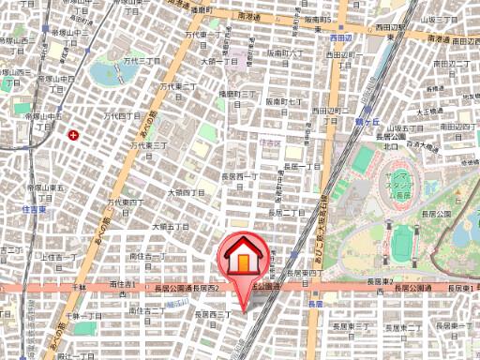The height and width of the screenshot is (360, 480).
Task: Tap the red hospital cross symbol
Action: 73,135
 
